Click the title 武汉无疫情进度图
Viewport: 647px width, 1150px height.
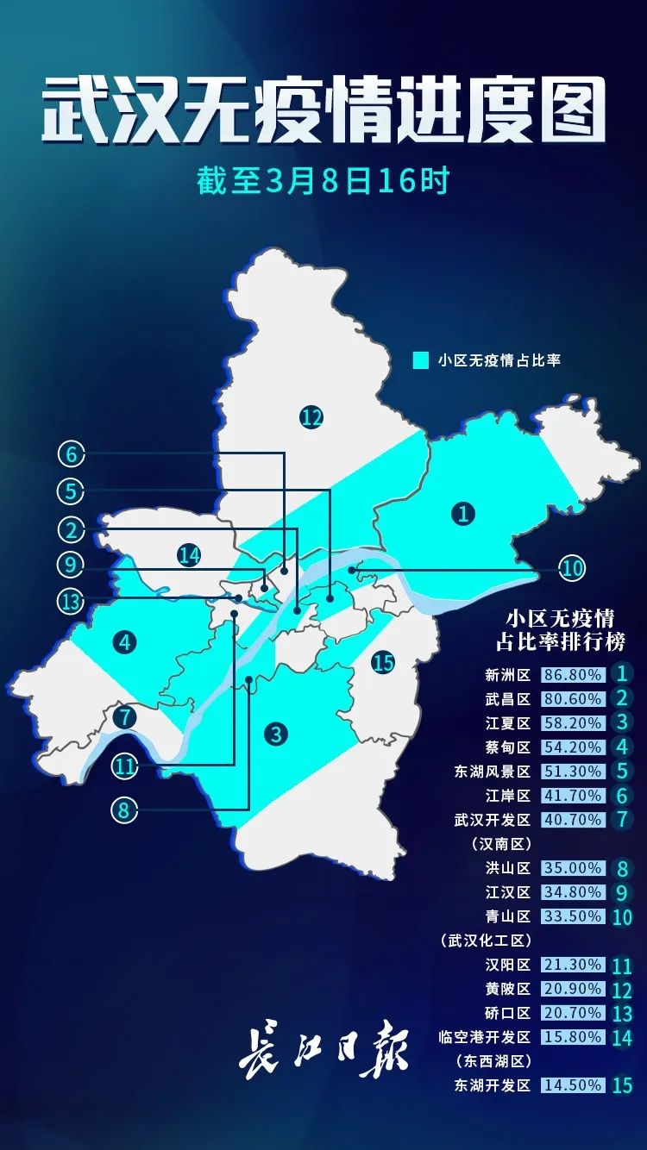click(x=323, y=111)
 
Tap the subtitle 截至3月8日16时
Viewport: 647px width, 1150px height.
click(x=323, y=181)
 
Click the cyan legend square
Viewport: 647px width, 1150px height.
click(x=421, y=359)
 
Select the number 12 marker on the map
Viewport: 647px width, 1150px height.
click(x=311, y=418)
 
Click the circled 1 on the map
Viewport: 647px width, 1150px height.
click(x=463, y=514)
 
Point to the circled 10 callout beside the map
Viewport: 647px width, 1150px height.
click(x=571, y=568)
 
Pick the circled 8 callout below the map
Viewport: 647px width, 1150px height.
click(x=124, y=810)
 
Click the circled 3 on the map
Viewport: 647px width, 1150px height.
click(x=275, y=734)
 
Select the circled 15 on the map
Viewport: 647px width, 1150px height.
click(x=383, y=662)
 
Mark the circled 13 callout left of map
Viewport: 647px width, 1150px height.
click(x=72, y=601)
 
